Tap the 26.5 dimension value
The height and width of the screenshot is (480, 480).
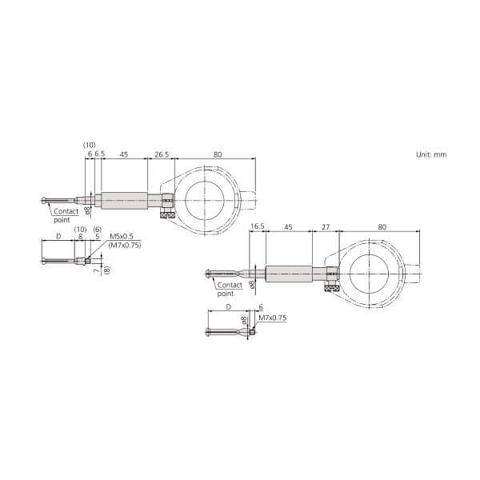coord(161,154)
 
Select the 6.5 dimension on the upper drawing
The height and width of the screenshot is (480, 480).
coord(100,154)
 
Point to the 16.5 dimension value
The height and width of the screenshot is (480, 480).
coord(257,227)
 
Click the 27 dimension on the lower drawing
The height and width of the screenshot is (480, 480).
coord(325,227)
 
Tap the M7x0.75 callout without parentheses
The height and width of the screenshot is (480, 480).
coord(272,318)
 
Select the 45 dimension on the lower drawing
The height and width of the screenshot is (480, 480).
coord(288,227)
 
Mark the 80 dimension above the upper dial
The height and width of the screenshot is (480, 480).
coord(218,154)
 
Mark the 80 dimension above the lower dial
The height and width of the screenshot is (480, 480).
coord(382,227)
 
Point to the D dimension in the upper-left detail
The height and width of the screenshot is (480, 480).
coord(58,238)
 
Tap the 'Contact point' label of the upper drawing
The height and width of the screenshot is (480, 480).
coord(66,215)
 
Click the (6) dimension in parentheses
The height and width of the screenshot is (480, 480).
coord(97,230)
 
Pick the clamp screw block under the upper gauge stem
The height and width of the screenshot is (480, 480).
coord(167,214)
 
